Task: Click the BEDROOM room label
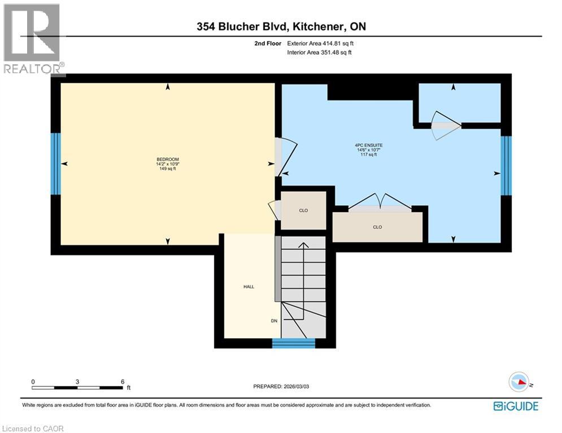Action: [x=167, y=160]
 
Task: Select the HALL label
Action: [x=249, y=286]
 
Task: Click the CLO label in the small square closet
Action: [x=303, y=210]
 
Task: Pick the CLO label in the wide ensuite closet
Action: [x=377, y=227]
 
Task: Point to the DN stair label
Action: [x=275, y=321]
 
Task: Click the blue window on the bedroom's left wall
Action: [x=55, y=164]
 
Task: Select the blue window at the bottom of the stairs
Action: [x=294, y=343]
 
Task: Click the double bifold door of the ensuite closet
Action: [x=380, y=202]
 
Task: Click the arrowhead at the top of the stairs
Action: [x=303, y=245]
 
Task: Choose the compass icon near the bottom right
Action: [x=520, y=382]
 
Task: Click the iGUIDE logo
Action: [x=515, y=406]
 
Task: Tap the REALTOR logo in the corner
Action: [x=33, y=38]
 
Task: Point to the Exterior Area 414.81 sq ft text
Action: [x=321, y=43]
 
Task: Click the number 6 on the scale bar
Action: [x=123, y=381]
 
